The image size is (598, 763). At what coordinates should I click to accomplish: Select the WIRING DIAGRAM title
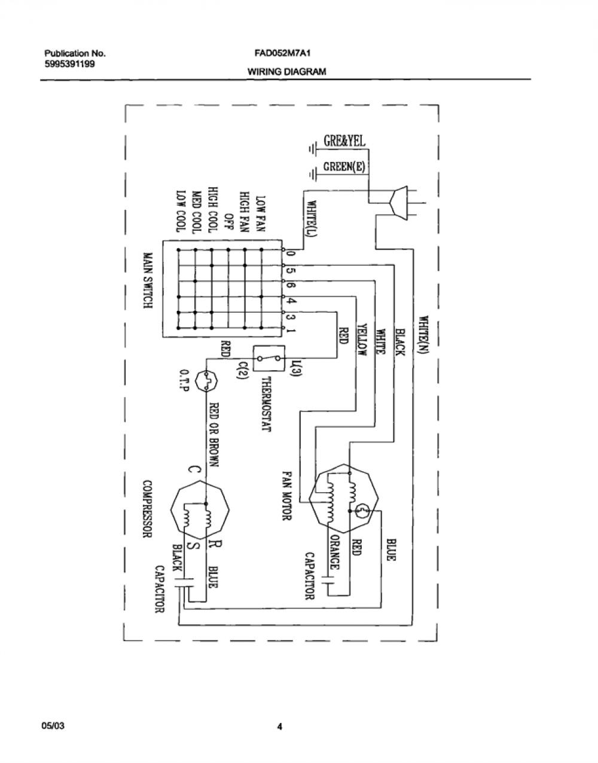[286, 72]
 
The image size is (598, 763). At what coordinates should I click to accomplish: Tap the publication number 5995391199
[69, 64]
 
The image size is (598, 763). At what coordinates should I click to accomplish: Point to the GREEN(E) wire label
[344, 166]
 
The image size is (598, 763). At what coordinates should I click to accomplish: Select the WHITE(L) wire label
[312, 219]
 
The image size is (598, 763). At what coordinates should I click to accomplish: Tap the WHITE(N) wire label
[425, 335]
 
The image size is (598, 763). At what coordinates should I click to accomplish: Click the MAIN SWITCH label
[148, 280]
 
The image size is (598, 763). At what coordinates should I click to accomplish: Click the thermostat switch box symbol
[269, 359]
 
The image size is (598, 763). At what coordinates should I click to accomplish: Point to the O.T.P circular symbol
[206, 381]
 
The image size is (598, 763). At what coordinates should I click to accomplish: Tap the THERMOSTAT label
[267, 404]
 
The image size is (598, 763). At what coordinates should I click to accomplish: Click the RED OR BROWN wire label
[214, 434]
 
